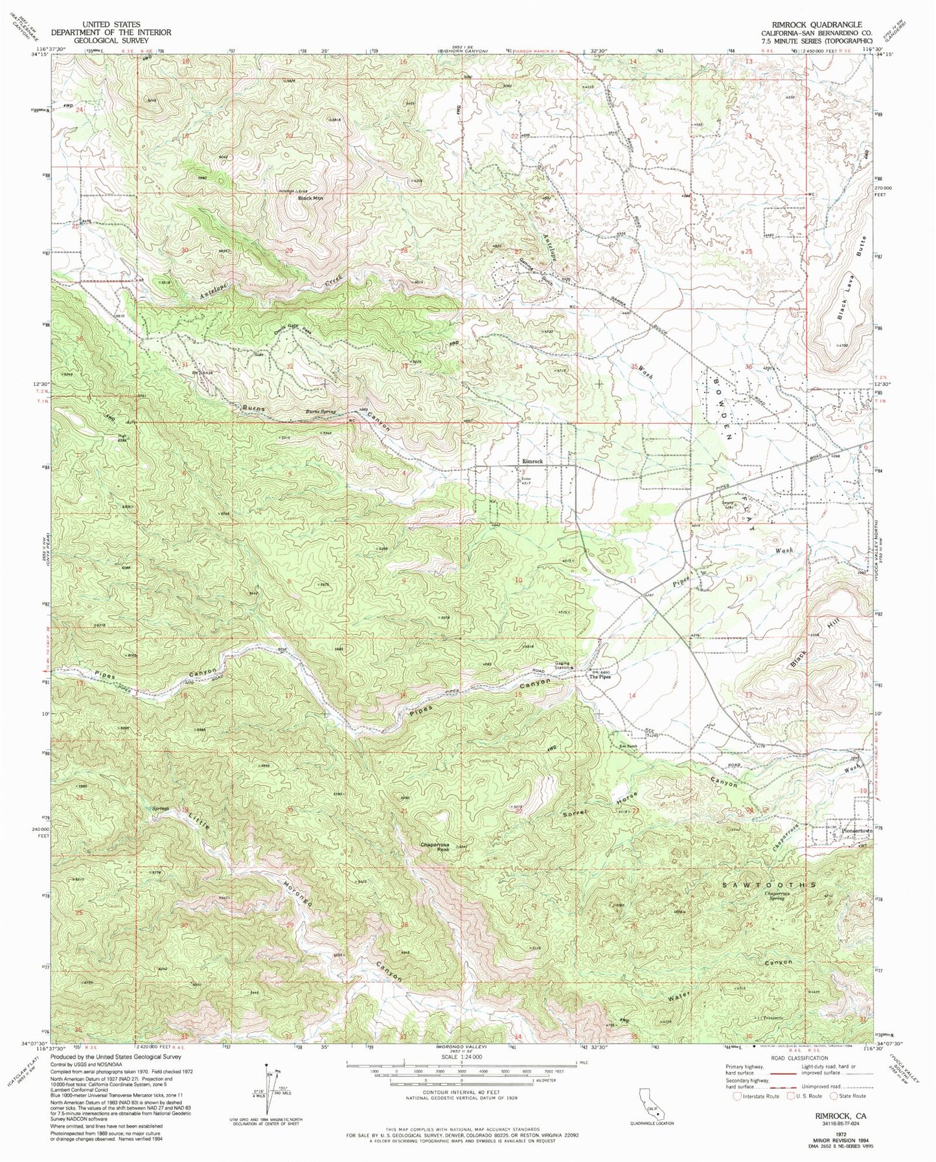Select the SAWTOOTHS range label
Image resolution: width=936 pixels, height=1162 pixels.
click(769, 883)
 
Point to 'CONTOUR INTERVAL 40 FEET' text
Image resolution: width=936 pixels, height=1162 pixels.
click(461, 1110)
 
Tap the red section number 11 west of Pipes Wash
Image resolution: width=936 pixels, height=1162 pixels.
click(633, 581)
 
